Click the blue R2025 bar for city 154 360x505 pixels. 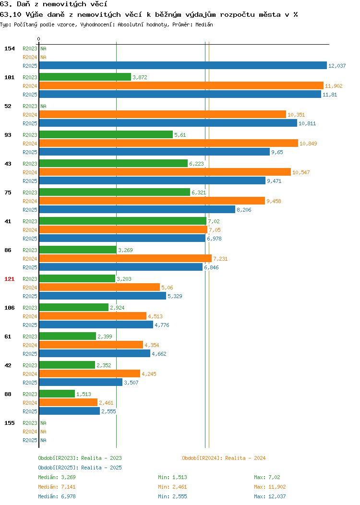click(x=183, y=65)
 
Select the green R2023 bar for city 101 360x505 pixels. click(x=85, y=77)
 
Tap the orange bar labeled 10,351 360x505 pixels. click(x=163, y=114)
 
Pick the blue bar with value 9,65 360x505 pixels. click(x=154, y=152)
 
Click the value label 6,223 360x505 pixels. click(x=196, y=164)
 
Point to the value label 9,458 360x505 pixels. click(x=274, y=201)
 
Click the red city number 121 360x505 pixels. click(x=9, y=278)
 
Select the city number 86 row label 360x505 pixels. click(x=8, y=250)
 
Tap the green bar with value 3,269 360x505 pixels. click(x=78, y=250)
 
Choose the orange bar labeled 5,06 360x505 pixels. click(x=99, y=287)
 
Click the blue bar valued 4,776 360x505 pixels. click(x=96, y=325)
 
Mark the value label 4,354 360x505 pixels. click(x=152, y=345)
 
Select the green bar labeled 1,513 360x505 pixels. click(x=57, y=394)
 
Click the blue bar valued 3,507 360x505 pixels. click(x=81, y=382)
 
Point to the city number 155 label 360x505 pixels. click(x=9, y=423)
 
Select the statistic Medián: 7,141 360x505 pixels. click(x=57, y=487)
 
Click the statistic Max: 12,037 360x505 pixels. click(x=270, y=496)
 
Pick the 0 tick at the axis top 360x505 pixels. click(x=39, y=39)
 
